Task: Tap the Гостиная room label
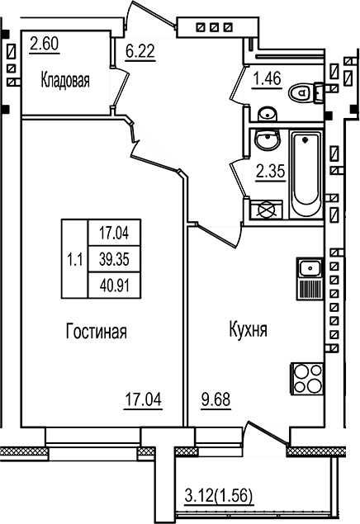96,332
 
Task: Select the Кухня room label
247,332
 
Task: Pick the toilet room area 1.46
267,81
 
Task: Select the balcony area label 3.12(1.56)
218,497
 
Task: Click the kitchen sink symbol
308,268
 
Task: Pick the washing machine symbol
266,209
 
